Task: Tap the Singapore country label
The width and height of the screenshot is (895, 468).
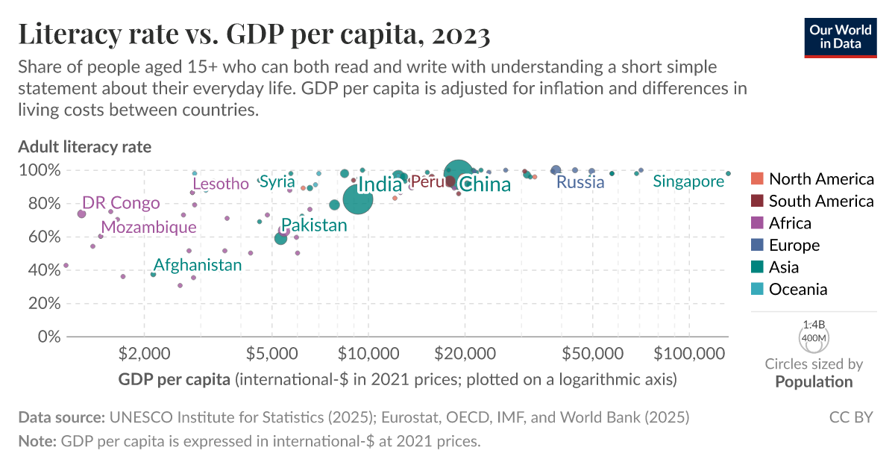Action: (x=688, y=181)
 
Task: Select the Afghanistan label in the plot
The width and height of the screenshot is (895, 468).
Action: (x=198, y=265)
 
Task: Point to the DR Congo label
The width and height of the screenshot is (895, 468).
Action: (x=121, y=203)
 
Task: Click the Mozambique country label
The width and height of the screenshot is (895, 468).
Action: (x=149, y=227)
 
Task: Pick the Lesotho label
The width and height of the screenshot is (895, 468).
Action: (x=221, y=184)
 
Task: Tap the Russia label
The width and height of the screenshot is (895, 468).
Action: (x=580, y=182)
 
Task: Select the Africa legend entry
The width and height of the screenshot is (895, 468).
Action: (x=791, y=223)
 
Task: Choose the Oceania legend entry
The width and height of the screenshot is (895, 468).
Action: (x=797, y=290)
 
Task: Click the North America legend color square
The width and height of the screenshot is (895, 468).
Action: (x=756, y=179)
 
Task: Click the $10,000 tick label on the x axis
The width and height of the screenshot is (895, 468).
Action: (x=368, y=352)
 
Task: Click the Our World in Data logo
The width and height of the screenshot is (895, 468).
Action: (x=840, y=35)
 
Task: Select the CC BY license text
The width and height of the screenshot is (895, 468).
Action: (x=851, y=416)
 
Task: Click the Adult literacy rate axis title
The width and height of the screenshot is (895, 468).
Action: (x=84, y=146)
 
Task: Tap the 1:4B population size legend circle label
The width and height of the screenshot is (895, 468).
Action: (x=814, y=325)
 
